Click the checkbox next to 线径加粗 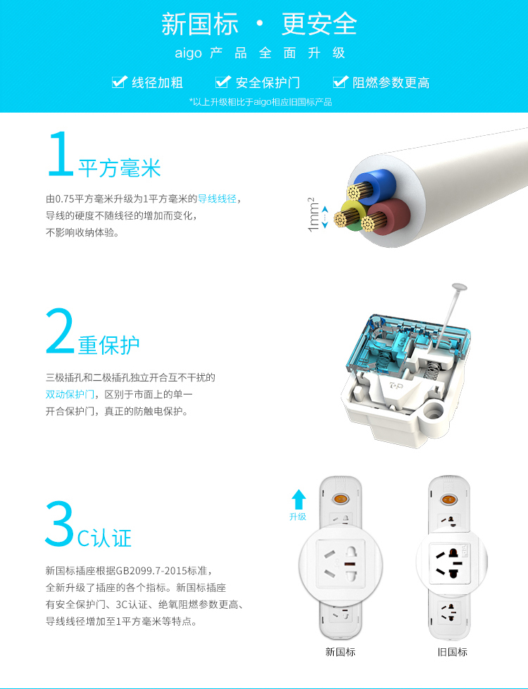pyautogui.click(x=120, y=82)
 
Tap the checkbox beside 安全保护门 pyautogui.click(x=223, y=82)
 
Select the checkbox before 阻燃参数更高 pyautogui.click(x=340, y=82)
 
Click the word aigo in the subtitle pyautogui.click(x=188, y=53)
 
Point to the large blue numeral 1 pyautogui.click(x=61, y=154)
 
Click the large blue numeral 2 pyautogui.click(x=61, y=331)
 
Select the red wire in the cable pyautogui.click(x=389, y=215)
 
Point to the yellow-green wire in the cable pyautogui.click(x=350, y=215)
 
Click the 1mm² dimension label pyautogui.click(x=313, y=215)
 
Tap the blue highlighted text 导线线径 pyautogui.click(x=217, y=198)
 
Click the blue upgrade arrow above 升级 pyautogui.click(x=298, y=499)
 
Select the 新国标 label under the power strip pyautogui.click(x=340, y=652)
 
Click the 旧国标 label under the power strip pyautogui.click(x=452, y=652)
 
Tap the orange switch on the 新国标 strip pyautogui.click(x=340, y=499)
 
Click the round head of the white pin pyautogui.click(x=460, y=287)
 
